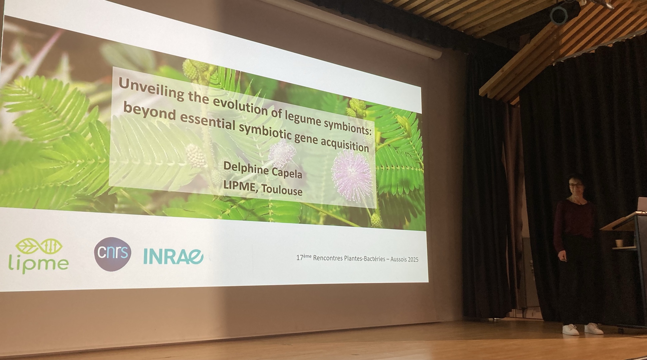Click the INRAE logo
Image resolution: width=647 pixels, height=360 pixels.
coord(173,257)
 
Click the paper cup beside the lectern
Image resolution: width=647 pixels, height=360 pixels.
coord(619,243)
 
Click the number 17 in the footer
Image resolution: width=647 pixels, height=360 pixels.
coord(300,258)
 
